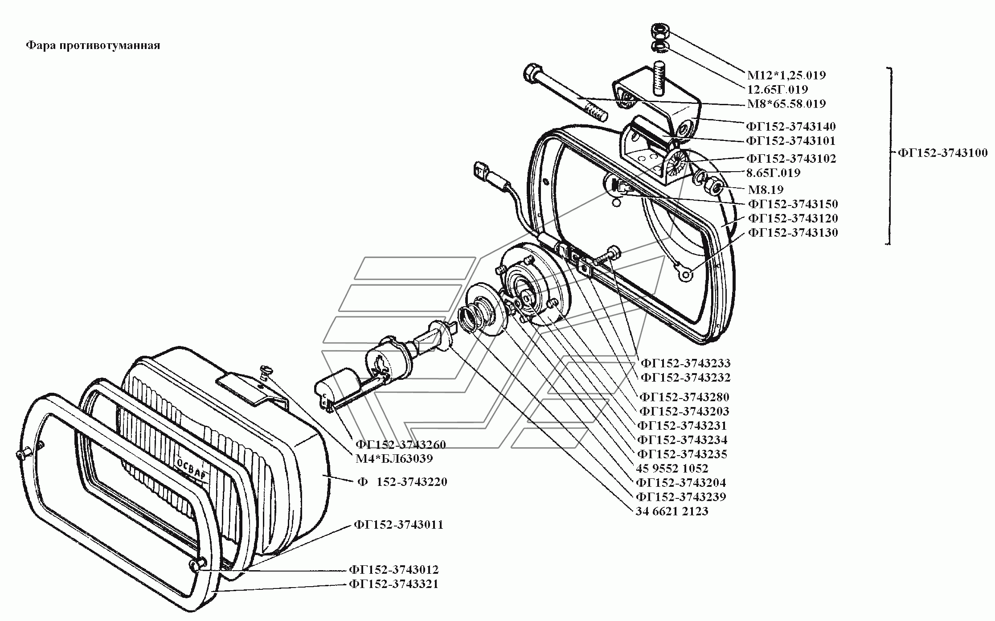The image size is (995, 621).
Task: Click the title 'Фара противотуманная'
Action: pyautogui.click(x=93, y=45)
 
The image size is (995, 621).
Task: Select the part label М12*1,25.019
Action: pyautogui.click(x=786, y=75)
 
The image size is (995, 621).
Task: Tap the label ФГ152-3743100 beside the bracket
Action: pyautogui.click(x=942, y=153)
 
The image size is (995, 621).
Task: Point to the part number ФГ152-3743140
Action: pyautogui.click(x=791, y=127)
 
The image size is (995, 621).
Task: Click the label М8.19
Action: pyautogui.click(x=766, y=189)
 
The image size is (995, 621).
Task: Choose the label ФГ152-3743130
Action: pyautogui.click(x=793, y=232)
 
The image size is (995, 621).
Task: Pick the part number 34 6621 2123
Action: pyautogui.click(x=672, y=511)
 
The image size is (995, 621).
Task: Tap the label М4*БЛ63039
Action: pyautogui.click(x=394, y=458)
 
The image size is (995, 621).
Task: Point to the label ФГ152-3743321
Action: pyautogui.click(x=394, y=584)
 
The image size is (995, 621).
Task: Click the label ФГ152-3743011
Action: pyautogui.click(x=399, y=524)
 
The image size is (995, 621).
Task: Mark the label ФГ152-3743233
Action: pyautogui.click(x=685, y=363)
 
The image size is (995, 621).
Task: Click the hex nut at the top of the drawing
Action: pyautogui.click(x=659, y=32)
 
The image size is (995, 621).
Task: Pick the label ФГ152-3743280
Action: pyautogui.click(x=684, y=397)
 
